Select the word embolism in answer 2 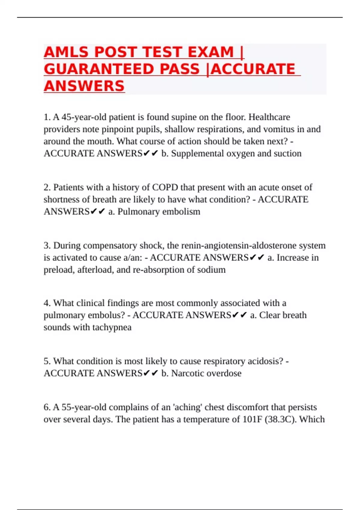point(183,211)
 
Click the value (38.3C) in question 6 point(280,419)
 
